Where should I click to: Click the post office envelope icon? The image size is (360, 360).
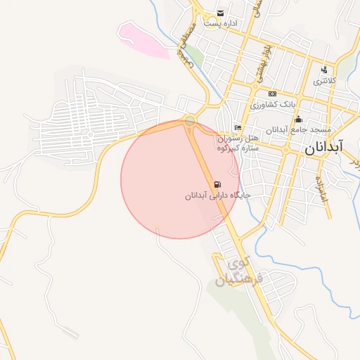coord(221,13)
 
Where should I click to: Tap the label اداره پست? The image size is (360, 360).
coord(221,23)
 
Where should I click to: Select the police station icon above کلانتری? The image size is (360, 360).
coord(324,70)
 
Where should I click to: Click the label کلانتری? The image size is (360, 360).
coord(325,81)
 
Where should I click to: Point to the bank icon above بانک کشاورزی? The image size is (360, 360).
coord(273,94)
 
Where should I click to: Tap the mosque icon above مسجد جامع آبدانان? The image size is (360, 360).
coord(298,119)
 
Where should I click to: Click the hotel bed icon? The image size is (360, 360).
coord(238,127)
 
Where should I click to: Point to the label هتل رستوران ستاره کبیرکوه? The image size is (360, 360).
coord(238,143)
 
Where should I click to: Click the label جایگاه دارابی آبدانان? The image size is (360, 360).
coord(218,195)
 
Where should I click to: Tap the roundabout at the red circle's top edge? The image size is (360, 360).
coord(190,121)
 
